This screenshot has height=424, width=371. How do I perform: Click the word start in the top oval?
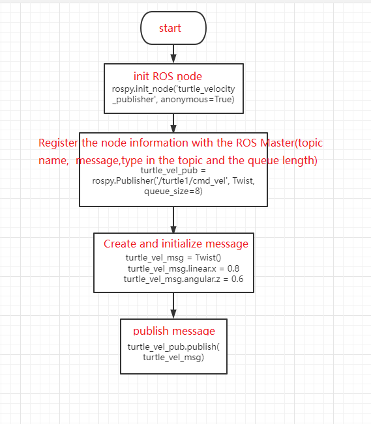pos(170,28)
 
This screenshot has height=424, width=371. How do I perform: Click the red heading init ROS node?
pos(168,76)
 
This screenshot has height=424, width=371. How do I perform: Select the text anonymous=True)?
pos(198,100)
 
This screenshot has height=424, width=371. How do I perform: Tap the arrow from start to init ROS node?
pos(173,54)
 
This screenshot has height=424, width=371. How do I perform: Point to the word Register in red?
pos(58,143)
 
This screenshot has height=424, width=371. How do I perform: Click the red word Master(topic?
pos(291,143)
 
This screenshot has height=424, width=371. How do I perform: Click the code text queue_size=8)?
pos(173,191)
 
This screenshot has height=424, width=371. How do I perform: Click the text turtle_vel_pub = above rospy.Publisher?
pos(173,171)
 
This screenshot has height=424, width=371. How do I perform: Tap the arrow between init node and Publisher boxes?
pos(173,123)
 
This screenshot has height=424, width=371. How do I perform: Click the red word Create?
pos(120,244)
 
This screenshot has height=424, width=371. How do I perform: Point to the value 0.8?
pos(233,268)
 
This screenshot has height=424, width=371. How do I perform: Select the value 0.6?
pos(237,279)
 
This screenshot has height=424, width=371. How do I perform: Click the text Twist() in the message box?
pos(208,257)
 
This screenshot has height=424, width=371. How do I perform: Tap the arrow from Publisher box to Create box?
pos(173,219)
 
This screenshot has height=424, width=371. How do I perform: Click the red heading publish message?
pos(174,331)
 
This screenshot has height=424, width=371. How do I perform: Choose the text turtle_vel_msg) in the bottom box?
pos(173,357)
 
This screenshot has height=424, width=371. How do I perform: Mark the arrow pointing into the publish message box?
pos(173,305)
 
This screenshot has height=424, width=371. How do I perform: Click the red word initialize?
pos(183,244)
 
